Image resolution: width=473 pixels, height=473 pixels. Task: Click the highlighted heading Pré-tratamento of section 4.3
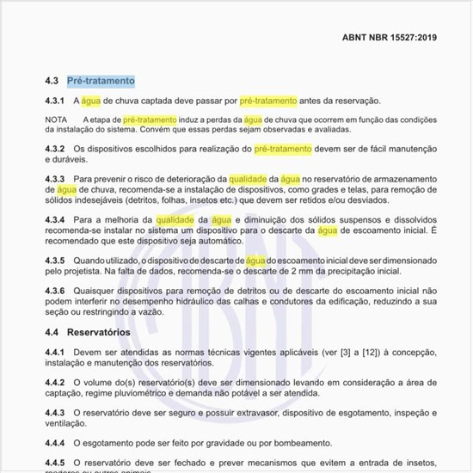(101, 81)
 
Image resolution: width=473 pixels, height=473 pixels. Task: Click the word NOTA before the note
(56, 120)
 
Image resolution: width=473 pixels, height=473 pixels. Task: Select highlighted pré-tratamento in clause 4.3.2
(282, 149)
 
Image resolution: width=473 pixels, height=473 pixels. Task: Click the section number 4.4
(52, 332)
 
